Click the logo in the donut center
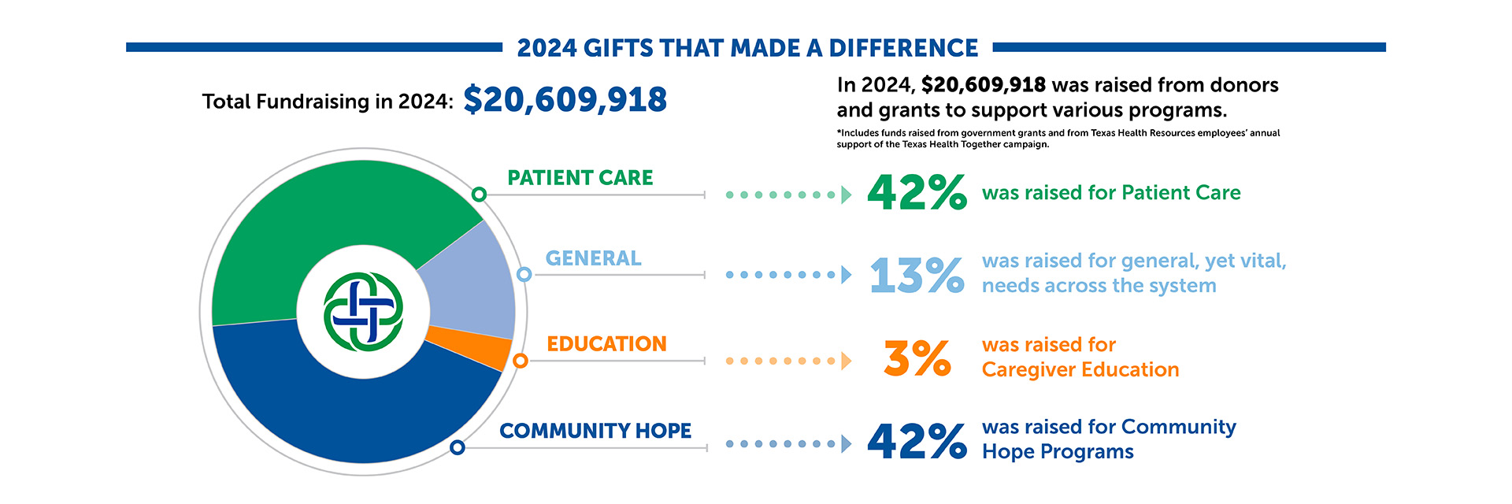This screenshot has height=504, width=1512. [363, 312]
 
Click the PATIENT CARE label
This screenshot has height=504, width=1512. [580, 178]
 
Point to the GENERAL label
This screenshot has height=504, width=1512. [593, 258]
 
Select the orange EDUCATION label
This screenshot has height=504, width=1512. [606, 344]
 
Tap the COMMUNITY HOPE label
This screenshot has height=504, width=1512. [595, 431]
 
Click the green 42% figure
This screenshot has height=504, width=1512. [917, 193]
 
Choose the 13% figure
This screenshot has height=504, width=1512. [917, 276]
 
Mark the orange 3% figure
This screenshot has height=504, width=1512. [917, 358]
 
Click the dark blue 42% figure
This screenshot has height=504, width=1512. [917, 441]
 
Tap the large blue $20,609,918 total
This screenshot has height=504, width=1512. [565, 100]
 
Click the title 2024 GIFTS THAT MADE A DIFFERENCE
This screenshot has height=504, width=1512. [747, 48]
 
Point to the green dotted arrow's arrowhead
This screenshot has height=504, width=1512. [846, 195]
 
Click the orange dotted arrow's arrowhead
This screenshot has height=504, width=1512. [846, 361]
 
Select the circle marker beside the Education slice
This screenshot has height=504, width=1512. [520, 361]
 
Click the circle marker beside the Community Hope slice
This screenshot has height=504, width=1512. [458, 447]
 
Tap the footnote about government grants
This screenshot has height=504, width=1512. [1058, 139]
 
